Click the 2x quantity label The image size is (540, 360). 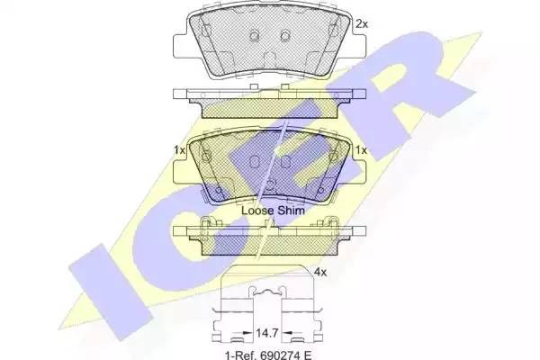(363, 24)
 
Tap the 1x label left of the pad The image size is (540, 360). (178, 150)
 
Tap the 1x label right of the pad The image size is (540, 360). (362, 150)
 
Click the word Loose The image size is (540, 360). (257, 209)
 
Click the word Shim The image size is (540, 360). (291, 209)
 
